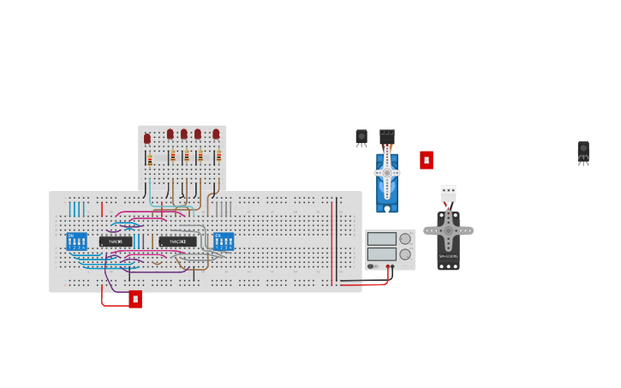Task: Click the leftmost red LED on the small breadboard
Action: tap(147, 138)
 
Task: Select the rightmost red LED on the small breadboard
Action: tap(216, 134)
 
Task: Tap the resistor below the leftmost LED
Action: tap(150, 159)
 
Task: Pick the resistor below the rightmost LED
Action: tap(218, 156)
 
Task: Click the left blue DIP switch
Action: tap(77, 242)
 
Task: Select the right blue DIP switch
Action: tap(224, 242)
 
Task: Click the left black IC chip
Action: tap(116, 242)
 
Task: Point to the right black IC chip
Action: tap(177, 242)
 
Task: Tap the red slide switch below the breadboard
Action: tap(135, 299)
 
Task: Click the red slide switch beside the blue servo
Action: tap(427, 160)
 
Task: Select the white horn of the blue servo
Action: tap(387, 173)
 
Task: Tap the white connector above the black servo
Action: tap(448, 193)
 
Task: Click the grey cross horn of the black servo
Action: tap(448, 230)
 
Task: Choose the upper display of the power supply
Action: tap(382, 239)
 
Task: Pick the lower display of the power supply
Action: tap(382, 254)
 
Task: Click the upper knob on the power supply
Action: tap(405, 239)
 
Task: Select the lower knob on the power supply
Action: tap(405, 254)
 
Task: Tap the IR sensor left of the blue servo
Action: tap(361, 137)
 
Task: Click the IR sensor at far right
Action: tap(583, 150)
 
